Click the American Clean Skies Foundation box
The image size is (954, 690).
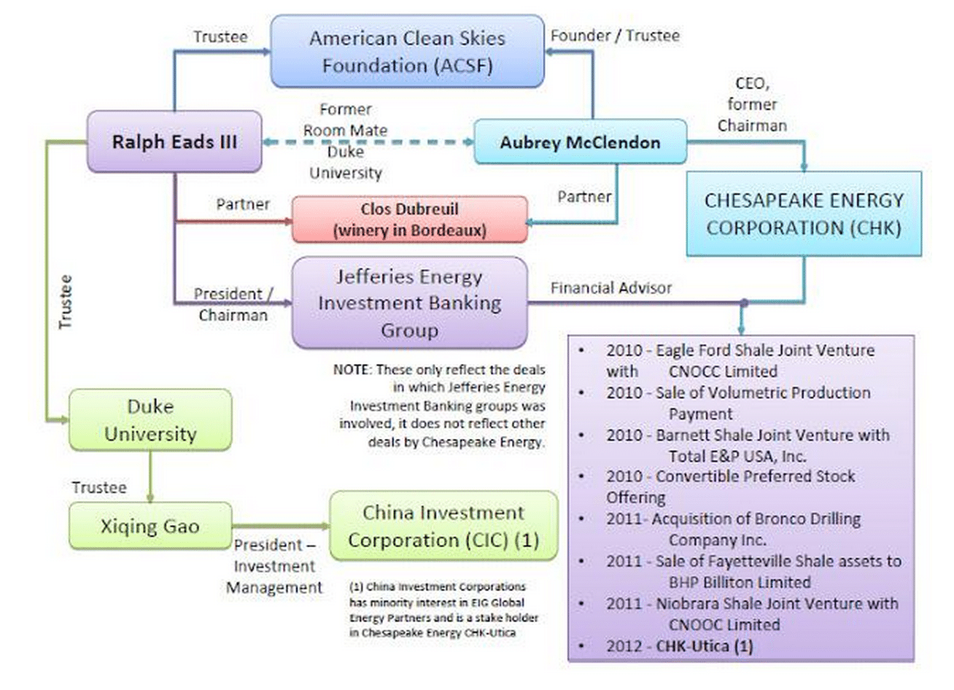407,51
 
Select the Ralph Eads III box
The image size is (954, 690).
174,142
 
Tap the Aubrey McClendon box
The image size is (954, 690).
580,142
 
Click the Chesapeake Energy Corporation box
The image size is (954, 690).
804,214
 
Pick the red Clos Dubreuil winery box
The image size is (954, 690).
410,220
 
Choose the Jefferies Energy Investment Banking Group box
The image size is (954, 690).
410,303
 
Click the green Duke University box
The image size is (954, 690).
150,420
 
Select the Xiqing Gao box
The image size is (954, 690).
150,526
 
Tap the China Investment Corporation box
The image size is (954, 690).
443,526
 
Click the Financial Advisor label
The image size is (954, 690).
611,288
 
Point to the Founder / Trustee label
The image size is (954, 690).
615,35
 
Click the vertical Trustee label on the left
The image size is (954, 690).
65,301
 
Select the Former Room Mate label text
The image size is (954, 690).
346,120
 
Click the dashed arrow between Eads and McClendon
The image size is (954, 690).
368,142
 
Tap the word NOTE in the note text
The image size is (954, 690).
351,370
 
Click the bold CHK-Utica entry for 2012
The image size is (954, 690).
705,646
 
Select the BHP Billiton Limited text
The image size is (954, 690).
740,582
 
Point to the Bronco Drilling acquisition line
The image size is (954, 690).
733,530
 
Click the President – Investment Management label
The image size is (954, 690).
274,566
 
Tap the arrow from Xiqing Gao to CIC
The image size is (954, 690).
281,526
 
